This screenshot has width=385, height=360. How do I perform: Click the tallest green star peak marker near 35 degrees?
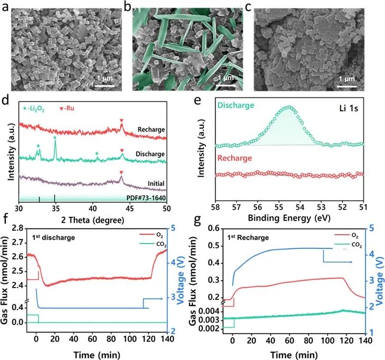55,137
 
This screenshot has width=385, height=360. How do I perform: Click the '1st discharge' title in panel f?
52,237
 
